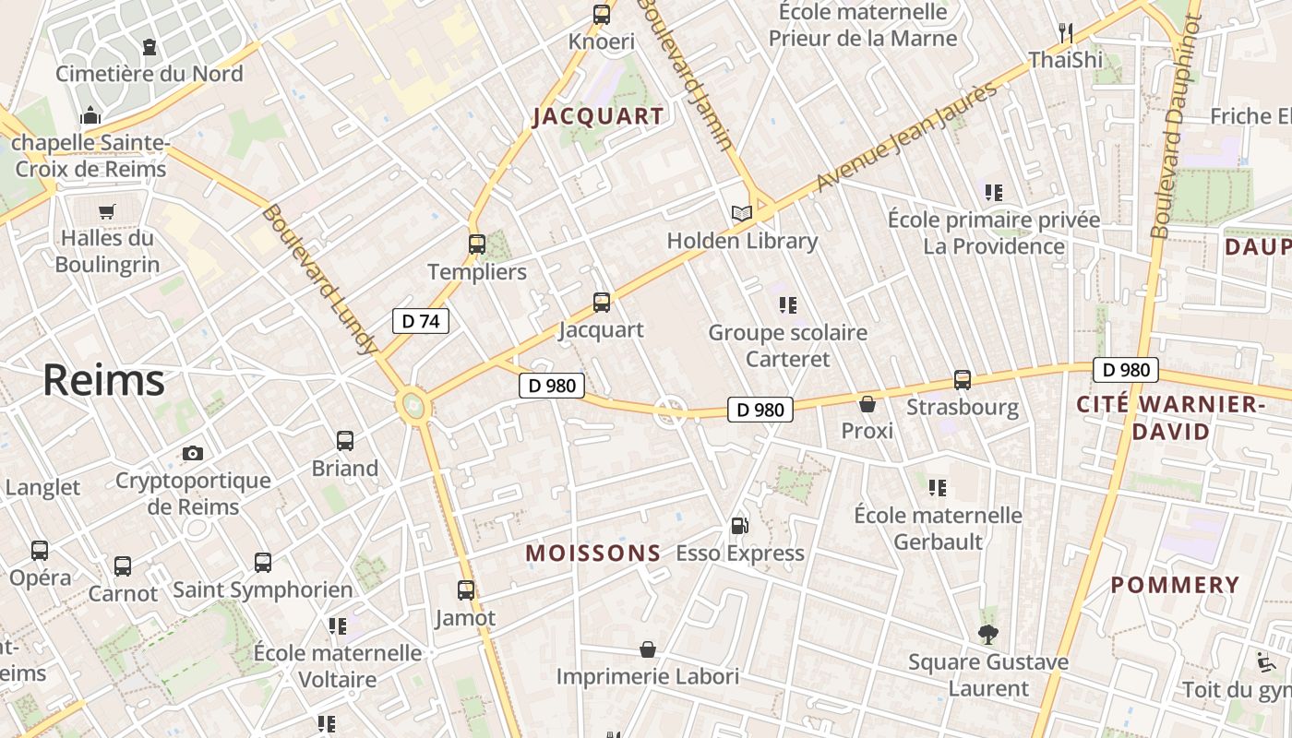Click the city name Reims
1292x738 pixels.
[x=103, y=380]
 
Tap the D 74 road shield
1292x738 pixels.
[x=421, y=321]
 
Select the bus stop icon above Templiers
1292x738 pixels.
[x=476, y=244]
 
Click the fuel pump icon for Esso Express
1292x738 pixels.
[x=739, y=526]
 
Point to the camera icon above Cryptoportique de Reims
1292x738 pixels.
[x=192, y=453]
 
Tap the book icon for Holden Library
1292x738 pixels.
[x=741, y=213]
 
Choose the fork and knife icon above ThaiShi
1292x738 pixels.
[x=1066, y=33]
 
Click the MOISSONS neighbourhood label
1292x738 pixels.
[x=593, y=553]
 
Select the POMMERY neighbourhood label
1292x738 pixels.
[x=1175, y=585]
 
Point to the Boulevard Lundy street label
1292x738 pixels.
[x=319, y=279]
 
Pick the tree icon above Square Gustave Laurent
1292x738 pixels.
[x=988, y=634]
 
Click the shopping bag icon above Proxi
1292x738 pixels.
[x=867, y=403]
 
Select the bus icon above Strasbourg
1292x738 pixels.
[x=963, y=379]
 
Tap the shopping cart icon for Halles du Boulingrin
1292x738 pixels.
[x=106, y=211]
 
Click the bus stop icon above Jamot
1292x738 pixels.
[x=466, y=589]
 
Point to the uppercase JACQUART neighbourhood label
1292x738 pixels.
[x=598, y=116]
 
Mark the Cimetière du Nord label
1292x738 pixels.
[x=150, y=74]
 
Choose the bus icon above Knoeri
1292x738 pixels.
[x=602, y=14]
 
